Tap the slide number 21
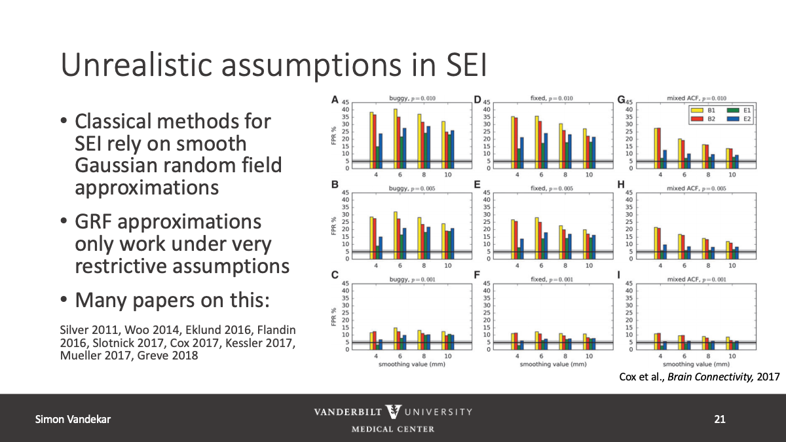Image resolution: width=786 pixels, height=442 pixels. [720, 419]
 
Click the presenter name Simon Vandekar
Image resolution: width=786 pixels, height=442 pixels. [72, 419]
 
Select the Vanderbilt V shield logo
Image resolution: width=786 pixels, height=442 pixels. [394, 412]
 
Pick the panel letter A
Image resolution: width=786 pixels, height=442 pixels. [335, 100]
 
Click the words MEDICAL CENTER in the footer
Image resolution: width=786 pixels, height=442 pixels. [393, 430]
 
